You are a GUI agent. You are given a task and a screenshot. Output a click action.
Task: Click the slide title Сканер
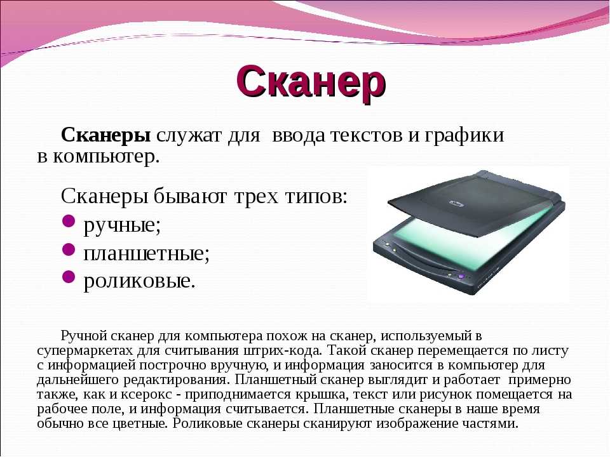point(311,83)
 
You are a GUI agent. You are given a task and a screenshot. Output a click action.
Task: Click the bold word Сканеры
point(106,135)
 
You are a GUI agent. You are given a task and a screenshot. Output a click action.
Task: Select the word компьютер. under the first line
point(106,157)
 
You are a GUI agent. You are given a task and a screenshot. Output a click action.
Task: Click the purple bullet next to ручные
point(69,221)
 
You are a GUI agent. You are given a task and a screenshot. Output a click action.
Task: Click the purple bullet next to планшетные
point(69,249)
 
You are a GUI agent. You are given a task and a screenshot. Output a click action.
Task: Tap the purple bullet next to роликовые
point(69,277)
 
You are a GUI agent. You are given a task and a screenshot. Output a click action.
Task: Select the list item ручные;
point(122,225)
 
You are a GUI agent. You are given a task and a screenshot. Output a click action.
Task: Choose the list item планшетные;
point(146,254)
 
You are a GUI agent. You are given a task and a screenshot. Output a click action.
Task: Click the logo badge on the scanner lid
point(456,204)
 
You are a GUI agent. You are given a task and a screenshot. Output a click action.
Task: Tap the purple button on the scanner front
point(461,276)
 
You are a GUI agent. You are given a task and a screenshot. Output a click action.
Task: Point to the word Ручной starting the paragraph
point(84,336)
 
